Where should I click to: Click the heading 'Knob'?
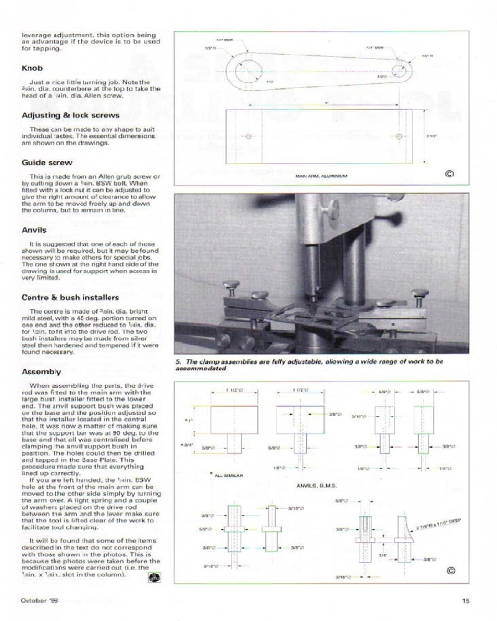pyautogui.click(x=32, y=68)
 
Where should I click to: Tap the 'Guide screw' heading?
pyautogui.click(x=47, y=163)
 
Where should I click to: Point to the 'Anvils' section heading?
pyautogui.click(x=34, y=230)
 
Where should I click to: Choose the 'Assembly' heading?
pyautogui.click(x=41, y=372)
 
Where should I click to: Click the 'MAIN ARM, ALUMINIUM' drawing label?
pyautogui.click(x=321, y=176)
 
